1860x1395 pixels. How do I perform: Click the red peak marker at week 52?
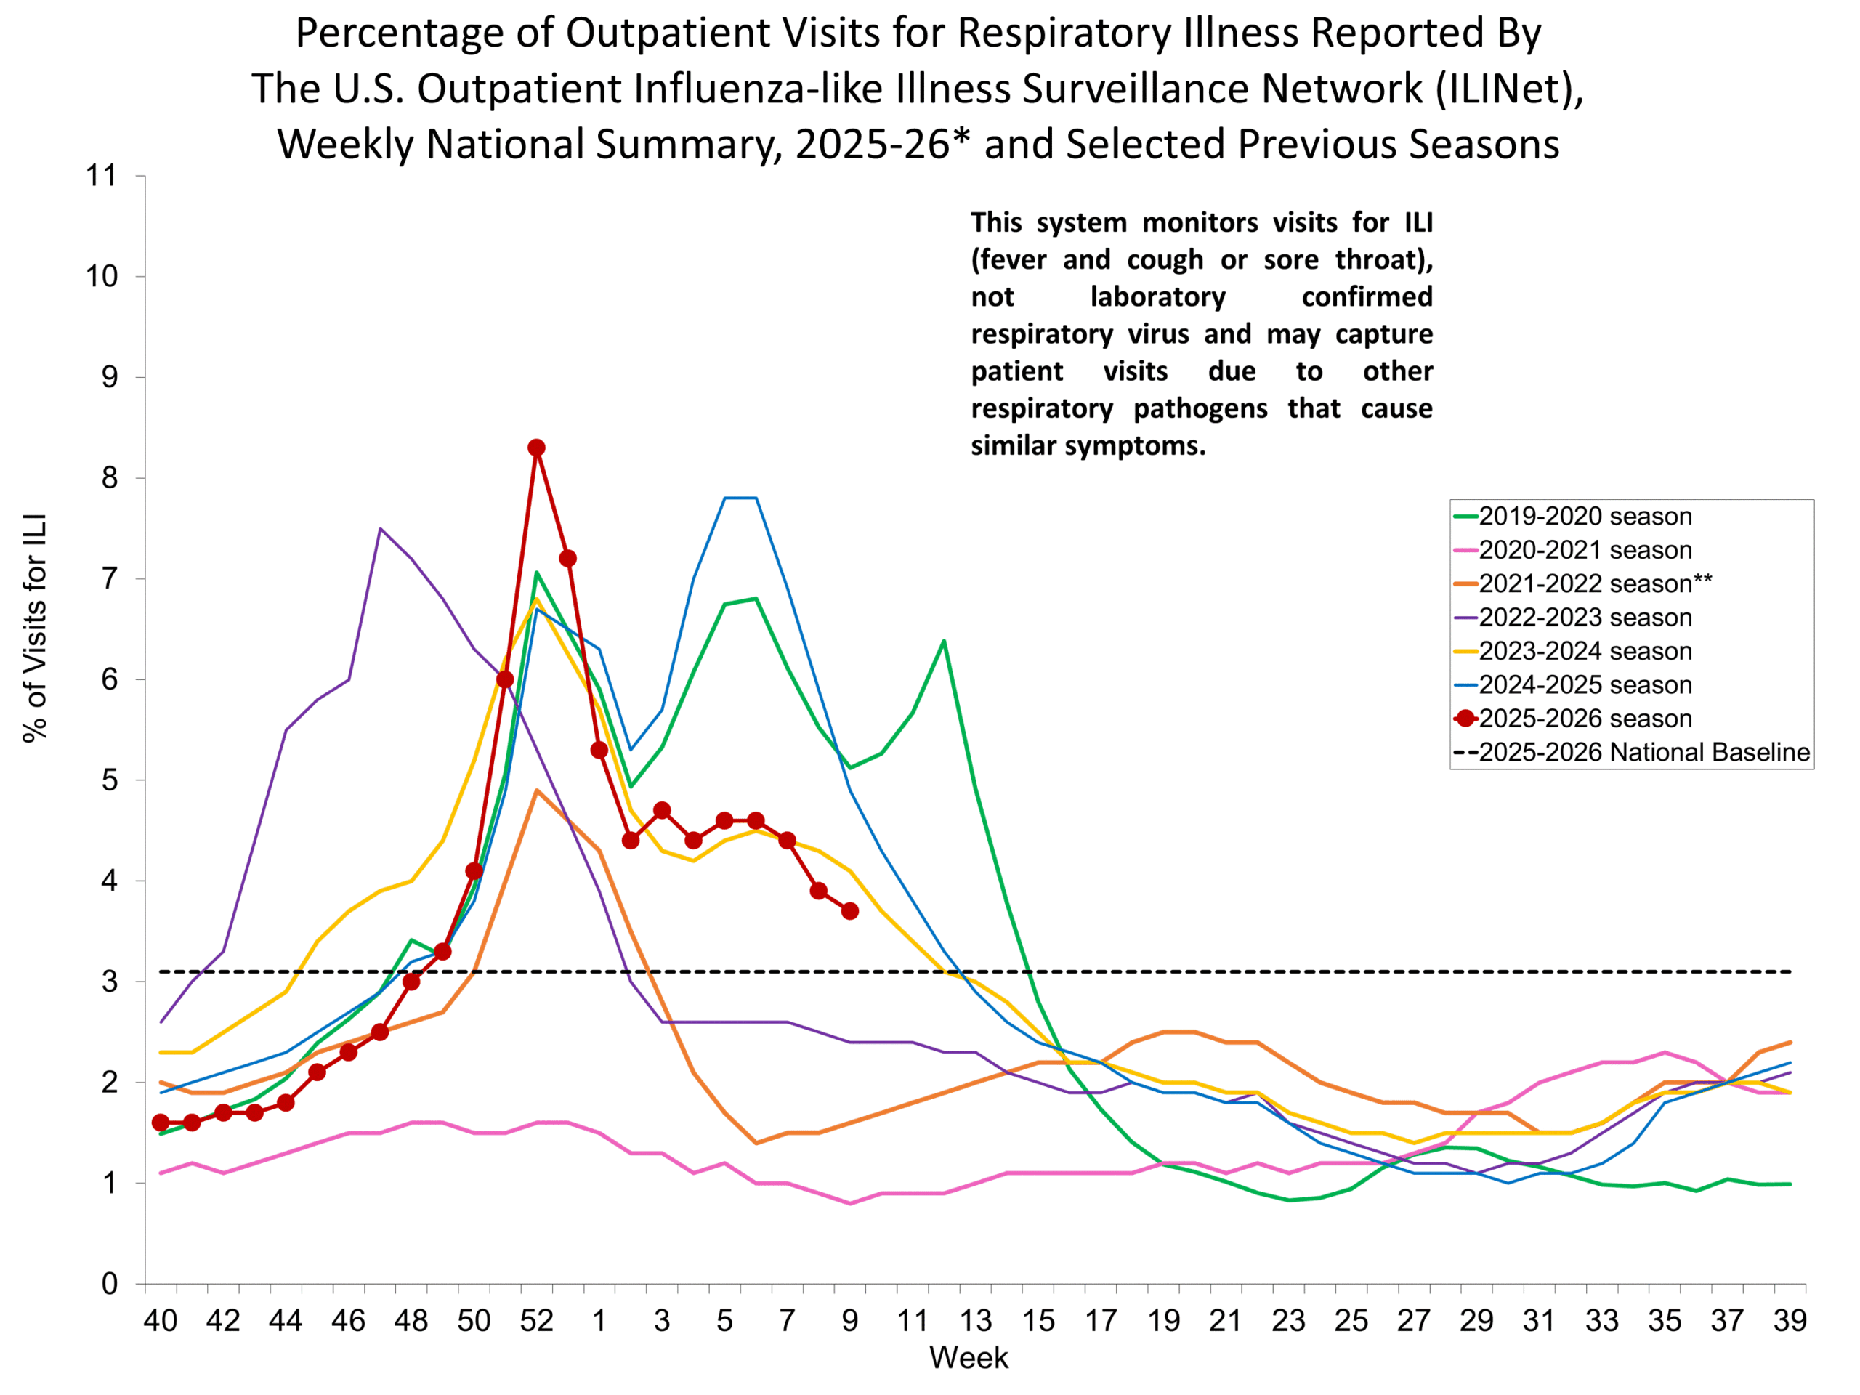[x=536, y=448]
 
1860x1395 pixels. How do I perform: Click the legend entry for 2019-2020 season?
[x=1585, y=517]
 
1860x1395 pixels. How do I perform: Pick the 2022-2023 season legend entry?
[x=1585, y=617]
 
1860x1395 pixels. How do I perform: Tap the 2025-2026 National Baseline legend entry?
[x=1644, y=752]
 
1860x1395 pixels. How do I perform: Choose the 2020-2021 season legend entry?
[x=1585, y=550]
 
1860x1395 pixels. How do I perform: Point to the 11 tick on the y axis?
[x=101, y=176]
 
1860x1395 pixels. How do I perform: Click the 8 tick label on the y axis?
[x=109, y=479]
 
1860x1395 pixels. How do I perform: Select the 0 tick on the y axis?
[x=109, y=1284]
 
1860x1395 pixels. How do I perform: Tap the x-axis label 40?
[x=161, y=1321]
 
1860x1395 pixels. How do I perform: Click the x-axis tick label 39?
[x=1790, y=1321]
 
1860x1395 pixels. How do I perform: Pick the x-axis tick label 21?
[x=1226, y=1321]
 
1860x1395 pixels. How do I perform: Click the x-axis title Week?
[x=969, y=1358]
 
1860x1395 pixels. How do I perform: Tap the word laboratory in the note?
[x=1158, y=297]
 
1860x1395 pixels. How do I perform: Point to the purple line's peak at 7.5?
[x=380, y=529]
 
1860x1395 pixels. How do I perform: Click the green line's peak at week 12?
[x=944, y=642]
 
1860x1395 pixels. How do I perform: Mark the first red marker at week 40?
[x=161, y=1123]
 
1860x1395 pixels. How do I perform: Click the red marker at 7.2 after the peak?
[x=567, y=558]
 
